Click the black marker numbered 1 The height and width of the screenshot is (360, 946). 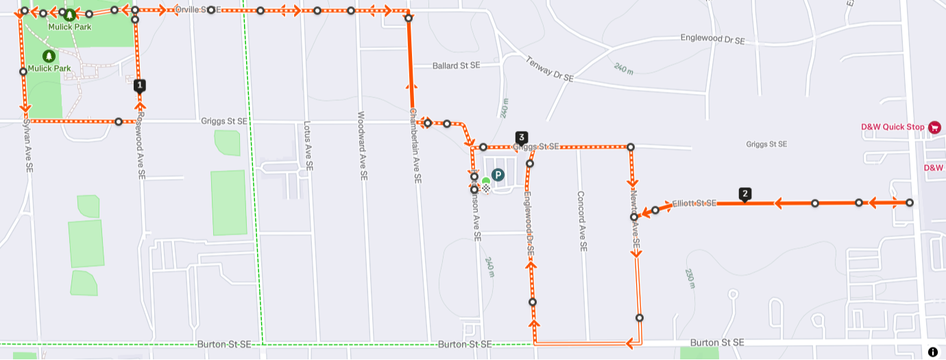click(140, 86)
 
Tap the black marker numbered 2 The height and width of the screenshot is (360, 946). click(744, 194)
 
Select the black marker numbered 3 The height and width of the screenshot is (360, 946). click(522, 137)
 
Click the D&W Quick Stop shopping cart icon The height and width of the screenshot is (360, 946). click(934, 127)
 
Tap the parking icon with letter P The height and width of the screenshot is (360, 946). click(498, 175)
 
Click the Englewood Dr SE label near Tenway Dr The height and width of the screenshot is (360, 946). click(712, 40)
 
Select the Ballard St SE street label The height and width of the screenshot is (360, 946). click(456, 66)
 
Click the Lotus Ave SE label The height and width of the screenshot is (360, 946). click(308, 145)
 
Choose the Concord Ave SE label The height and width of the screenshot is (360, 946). click(581, 221)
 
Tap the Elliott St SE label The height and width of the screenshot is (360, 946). click(694, 204)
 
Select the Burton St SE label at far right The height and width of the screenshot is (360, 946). click(717, 342)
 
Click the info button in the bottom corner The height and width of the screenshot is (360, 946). click(933, 352)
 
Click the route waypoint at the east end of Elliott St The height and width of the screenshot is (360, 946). click(910, 202)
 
